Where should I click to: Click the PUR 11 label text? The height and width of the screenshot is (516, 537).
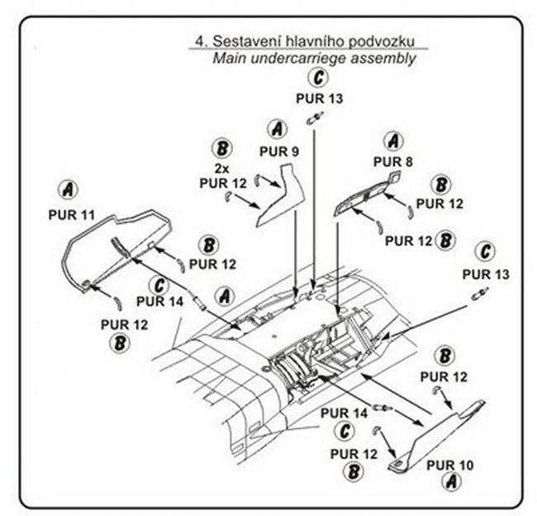pyautogui.click(x=72, y=215)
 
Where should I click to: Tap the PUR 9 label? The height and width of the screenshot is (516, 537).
pyautogui.click(x=279, y=151)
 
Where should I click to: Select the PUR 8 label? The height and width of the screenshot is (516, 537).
pyautogui.click(x=392, y=161)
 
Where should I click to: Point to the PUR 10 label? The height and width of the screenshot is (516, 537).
pyautogui.click(x=449, y=466)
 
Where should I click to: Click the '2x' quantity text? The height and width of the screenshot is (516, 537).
pyautogui.click(x=221, y=169)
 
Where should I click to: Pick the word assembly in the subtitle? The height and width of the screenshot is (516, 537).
pyautogui.click(x=383, y=58)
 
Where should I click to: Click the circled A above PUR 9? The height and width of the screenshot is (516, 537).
pyautogui.click(x=277, y=129)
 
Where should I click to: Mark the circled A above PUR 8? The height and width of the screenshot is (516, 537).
pyautogui.click(x=393, y=141)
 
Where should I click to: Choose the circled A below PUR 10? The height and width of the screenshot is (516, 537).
pyautogui.click(x=451, y=481)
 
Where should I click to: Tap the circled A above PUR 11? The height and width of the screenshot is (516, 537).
pyautogui.click(x=68, y=189)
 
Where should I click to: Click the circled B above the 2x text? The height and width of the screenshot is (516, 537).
pyautogui.click(x=222, y=148)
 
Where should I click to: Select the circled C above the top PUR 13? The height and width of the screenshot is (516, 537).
pyautogui.click(x=318, y=78)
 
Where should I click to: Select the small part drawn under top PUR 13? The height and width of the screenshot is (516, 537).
pyautogui.click(x=315, y=117)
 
